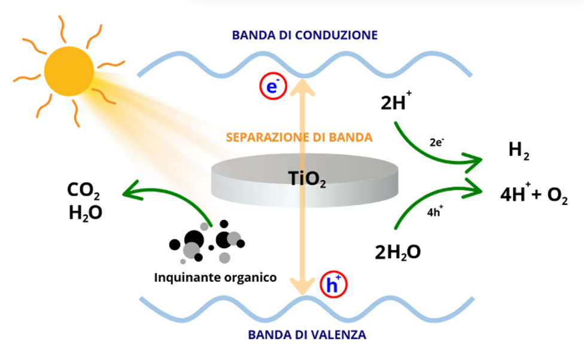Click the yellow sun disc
click(69, 71)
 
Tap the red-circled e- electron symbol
click(273, 86)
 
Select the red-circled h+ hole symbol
click(333, 285)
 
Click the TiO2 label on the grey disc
click(307, 179)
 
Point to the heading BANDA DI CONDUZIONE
click(305, 35)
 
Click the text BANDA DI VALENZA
click(307, 335)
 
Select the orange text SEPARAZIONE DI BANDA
click(299, 138)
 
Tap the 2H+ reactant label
click(396, 101)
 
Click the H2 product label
click(519, 151)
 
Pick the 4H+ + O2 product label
click(534, 194)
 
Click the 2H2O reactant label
click(397, 252)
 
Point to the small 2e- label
click(437, 142)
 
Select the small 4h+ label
click(435, 212)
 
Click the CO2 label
click(83, 191)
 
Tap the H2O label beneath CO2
click(86, 213)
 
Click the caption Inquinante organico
click(215, 277)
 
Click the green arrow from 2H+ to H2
click(432, 153)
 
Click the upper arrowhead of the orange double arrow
click(302, 89)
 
